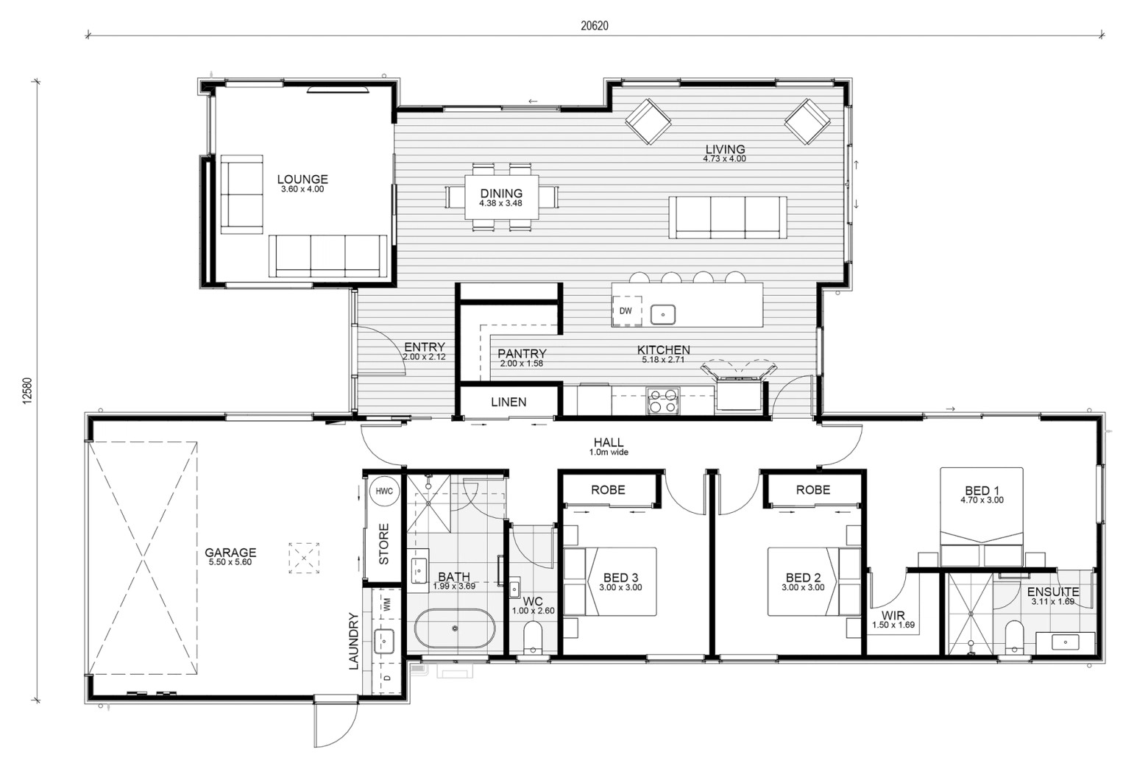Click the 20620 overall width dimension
[595, 26]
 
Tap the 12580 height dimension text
[27, 391]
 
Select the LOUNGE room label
[302, 180]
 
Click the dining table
[502, 197]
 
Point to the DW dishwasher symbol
[626, 311]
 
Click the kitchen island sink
[662, 315]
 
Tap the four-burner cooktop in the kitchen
[662, 401]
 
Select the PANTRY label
[522, 353]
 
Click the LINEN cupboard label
[509, 402]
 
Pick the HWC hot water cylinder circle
[384, 491]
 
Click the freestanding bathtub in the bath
[455, 628]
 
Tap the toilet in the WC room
[533, 637]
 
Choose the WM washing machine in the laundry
[386, 605]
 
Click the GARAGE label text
[230, 553]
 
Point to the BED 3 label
[620, 578]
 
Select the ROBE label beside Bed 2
[813, 490]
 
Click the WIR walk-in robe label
[893, 615]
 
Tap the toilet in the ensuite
[1015, 637]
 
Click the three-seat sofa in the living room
[728, 218]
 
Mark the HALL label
[609, 442]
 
